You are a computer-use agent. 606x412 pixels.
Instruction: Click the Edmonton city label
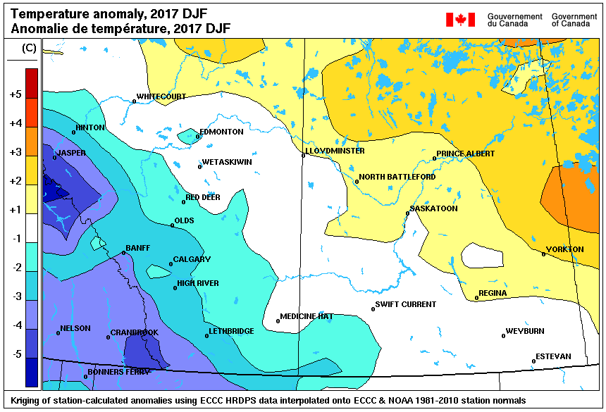click(221, 132)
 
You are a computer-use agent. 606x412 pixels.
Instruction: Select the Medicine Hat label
click(307, 316)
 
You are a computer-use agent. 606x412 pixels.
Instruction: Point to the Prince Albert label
click(465, 154)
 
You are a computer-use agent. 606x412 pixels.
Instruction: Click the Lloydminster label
click(335, 151)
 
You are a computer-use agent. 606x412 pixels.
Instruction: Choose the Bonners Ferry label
click(118, 372)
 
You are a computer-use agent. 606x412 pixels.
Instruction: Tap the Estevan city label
click(553, 356)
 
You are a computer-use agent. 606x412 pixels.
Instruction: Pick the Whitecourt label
click(161, 96)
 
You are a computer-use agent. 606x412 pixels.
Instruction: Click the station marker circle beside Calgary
click(171, 265)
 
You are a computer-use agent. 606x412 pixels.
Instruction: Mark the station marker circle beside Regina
click(477, 298)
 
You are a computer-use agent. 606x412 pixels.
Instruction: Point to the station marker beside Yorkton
click(544, 254)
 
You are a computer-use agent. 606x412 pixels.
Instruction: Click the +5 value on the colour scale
click(15, 94)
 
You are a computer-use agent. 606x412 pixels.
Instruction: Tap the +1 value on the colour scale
click(15, 210)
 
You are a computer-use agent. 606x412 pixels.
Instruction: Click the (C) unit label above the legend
click(30, 48)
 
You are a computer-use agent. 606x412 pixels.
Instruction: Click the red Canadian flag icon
click(460, 20)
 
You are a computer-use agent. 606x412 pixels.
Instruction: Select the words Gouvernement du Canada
click(514, 20)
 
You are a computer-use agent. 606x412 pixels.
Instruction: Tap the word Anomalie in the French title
click(37, 28)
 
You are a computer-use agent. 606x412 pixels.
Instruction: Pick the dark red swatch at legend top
click(32, 75)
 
